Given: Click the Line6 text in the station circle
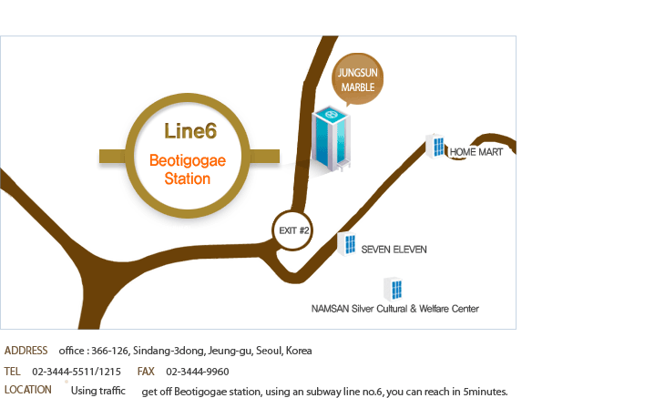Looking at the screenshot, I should (190, 131).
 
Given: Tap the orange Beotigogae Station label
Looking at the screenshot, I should (188, 169).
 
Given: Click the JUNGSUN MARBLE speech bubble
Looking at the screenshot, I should (357, 79).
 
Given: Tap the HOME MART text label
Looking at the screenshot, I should (476, 152).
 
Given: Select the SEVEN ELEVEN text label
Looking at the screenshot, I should (394, 249).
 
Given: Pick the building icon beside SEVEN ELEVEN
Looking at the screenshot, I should (347, 243).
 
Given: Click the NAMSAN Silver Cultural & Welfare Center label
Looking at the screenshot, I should (395, 309).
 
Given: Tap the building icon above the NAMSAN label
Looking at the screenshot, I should (394, 289).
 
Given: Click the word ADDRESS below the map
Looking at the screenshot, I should (26, 351).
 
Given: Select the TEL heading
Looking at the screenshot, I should (12, 372).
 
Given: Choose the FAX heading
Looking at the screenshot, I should (146, 372).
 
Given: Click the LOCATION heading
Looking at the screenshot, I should (28, 390).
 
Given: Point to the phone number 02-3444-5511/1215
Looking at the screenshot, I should (77, 372).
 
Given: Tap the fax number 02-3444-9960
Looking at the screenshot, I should (198, 372).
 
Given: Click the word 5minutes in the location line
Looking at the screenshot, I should (485, 392).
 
